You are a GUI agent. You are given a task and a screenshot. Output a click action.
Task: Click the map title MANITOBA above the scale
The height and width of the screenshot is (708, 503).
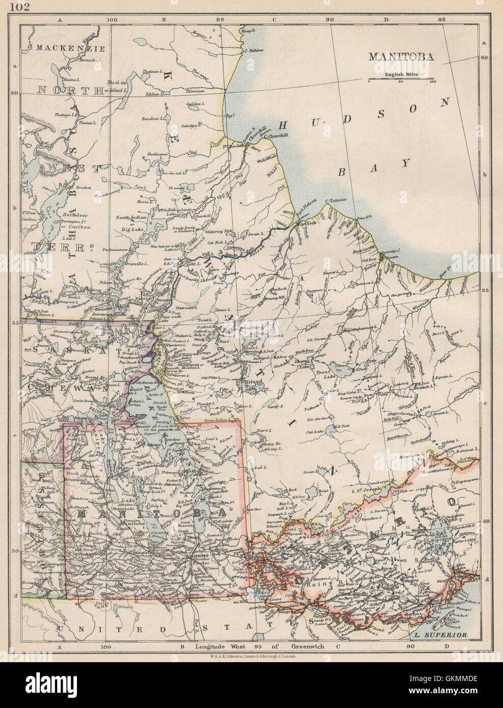coord(402,57)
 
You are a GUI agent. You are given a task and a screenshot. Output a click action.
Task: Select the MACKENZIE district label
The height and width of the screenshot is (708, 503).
coord(70,49)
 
